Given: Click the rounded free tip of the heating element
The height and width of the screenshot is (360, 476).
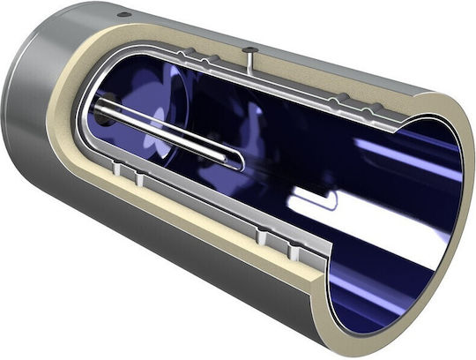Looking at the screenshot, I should (x=237, y=160).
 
